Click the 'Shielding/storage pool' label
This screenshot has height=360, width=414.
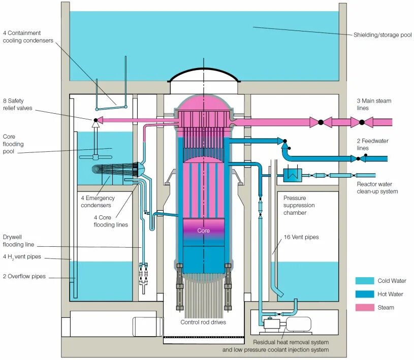click(x=383, y=35)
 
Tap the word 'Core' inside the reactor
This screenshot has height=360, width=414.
click(x=203, y=231)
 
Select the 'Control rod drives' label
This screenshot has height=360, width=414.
click(x=203, y=322)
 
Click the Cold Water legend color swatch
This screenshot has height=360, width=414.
click(x=364, y=281)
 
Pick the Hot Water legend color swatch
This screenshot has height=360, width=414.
click(x=364, y=294)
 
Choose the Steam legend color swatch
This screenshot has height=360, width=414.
click(x=364, y=307)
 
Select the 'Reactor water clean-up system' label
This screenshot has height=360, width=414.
click(x=377, y=188)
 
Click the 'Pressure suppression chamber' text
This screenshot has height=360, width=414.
click(x=299, y=205)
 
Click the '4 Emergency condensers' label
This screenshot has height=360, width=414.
click(x=97, y=202)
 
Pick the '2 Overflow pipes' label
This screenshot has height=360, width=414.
click(x=24, y=276)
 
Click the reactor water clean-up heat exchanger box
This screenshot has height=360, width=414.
click(x=292, y=175)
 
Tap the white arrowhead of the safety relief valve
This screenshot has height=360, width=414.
click(x=94, y=122)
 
